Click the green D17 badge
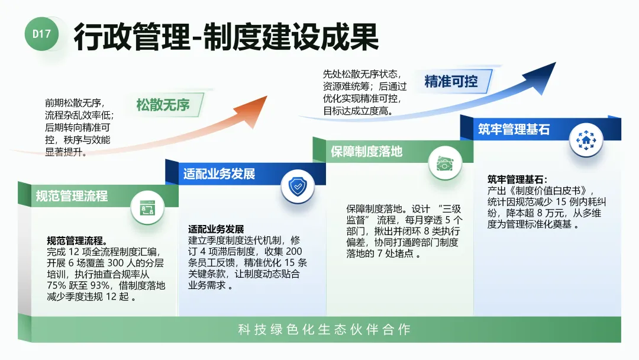coord(41,34)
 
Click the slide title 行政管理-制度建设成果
coord(225,37)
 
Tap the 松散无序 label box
coord(163,105)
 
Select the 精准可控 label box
coord(451,81)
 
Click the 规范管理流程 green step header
coord(72,195)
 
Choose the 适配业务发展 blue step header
coord(219,174)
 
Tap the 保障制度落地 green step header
coord(367,152)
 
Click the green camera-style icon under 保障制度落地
coord(445,163)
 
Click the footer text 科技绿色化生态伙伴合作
coord(324,330)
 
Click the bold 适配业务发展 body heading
coord(216,230)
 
